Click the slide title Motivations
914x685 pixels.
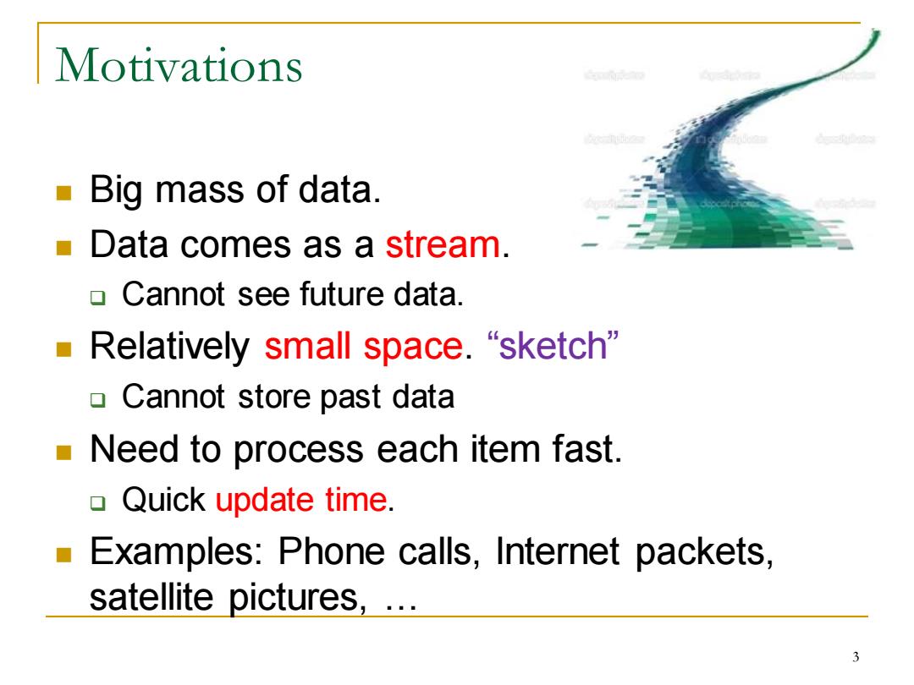(x=179, y=65)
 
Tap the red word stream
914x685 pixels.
(x=443, y=244)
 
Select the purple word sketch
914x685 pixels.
(x=553, y=345)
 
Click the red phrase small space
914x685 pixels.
(x=364, y=348)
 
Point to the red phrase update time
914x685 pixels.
(x=301, y=501)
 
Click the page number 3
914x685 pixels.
(x=856, y=657)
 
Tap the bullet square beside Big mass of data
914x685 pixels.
(x=63, y=192)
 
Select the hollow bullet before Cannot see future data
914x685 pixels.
(x=98, y=298)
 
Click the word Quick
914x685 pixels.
(x=164, y=501)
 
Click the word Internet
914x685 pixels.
(x=558, y=551)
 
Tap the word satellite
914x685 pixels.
(x=151, y=597)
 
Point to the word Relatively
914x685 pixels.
(x=169, y=348)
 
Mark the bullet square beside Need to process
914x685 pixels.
(x=63, y=452)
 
